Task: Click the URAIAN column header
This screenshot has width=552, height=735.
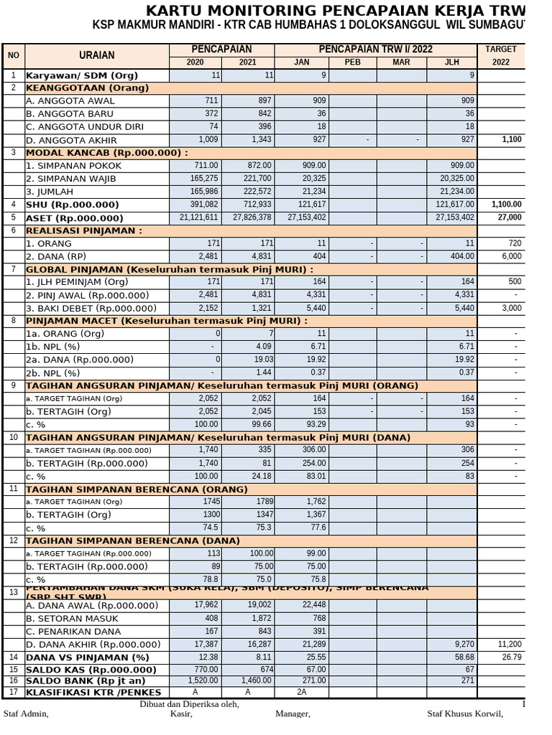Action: point(96,55)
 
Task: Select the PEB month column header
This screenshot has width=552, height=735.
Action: point(352,62)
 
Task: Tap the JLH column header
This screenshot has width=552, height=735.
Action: point(451,62)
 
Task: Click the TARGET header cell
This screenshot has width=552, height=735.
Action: point(500,49)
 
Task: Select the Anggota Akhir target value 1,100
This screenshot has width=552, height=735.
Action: point(512,140)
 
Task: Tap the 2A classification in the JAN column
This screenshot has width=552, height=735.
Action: point(303,692)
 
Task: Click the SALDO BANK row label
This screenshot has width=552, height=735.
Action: point(86,680)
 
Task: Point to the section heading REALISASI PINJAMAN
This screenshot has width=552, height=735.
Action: point(84,230)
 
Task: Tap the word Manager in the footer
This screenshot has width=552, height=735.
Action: point(293,714)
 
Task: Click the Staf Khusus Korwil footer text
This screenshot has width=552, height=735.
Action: point(465,714)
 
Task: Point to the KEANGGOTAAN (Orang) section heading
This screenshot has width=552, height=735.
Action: point(87,88)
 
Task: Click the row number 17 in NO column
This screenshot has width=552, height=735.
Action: point(13,692)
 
